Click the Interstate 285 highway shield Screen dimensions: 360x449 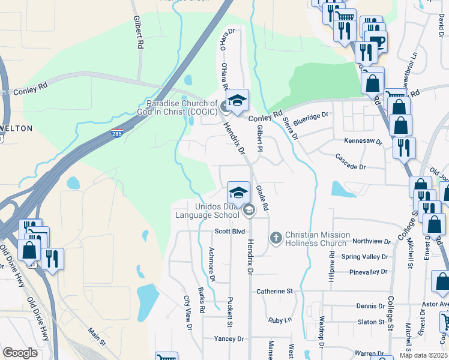point(116,133)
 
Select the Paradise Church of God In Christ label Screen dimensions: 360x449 point(179,107)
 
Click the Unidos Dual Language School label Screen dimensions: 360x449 point(207,211)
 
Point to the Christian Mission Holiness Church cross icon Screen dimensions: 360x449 point(276,238)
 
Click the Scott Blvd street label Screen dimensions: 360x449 point(230,231)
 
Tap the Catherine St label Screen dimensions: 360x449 point(274,291)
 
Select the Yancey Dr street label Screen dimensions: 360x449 point(229,339)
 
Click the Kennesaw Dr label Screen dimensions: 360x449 point(363,140)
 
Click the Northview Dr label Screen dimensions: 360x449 point(372,241)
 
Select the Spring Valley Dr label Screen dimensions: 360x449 point(366,257)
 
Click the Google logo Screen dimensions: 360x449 point(20,352)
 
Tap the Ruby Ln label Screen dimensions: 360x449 point(280,320)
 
